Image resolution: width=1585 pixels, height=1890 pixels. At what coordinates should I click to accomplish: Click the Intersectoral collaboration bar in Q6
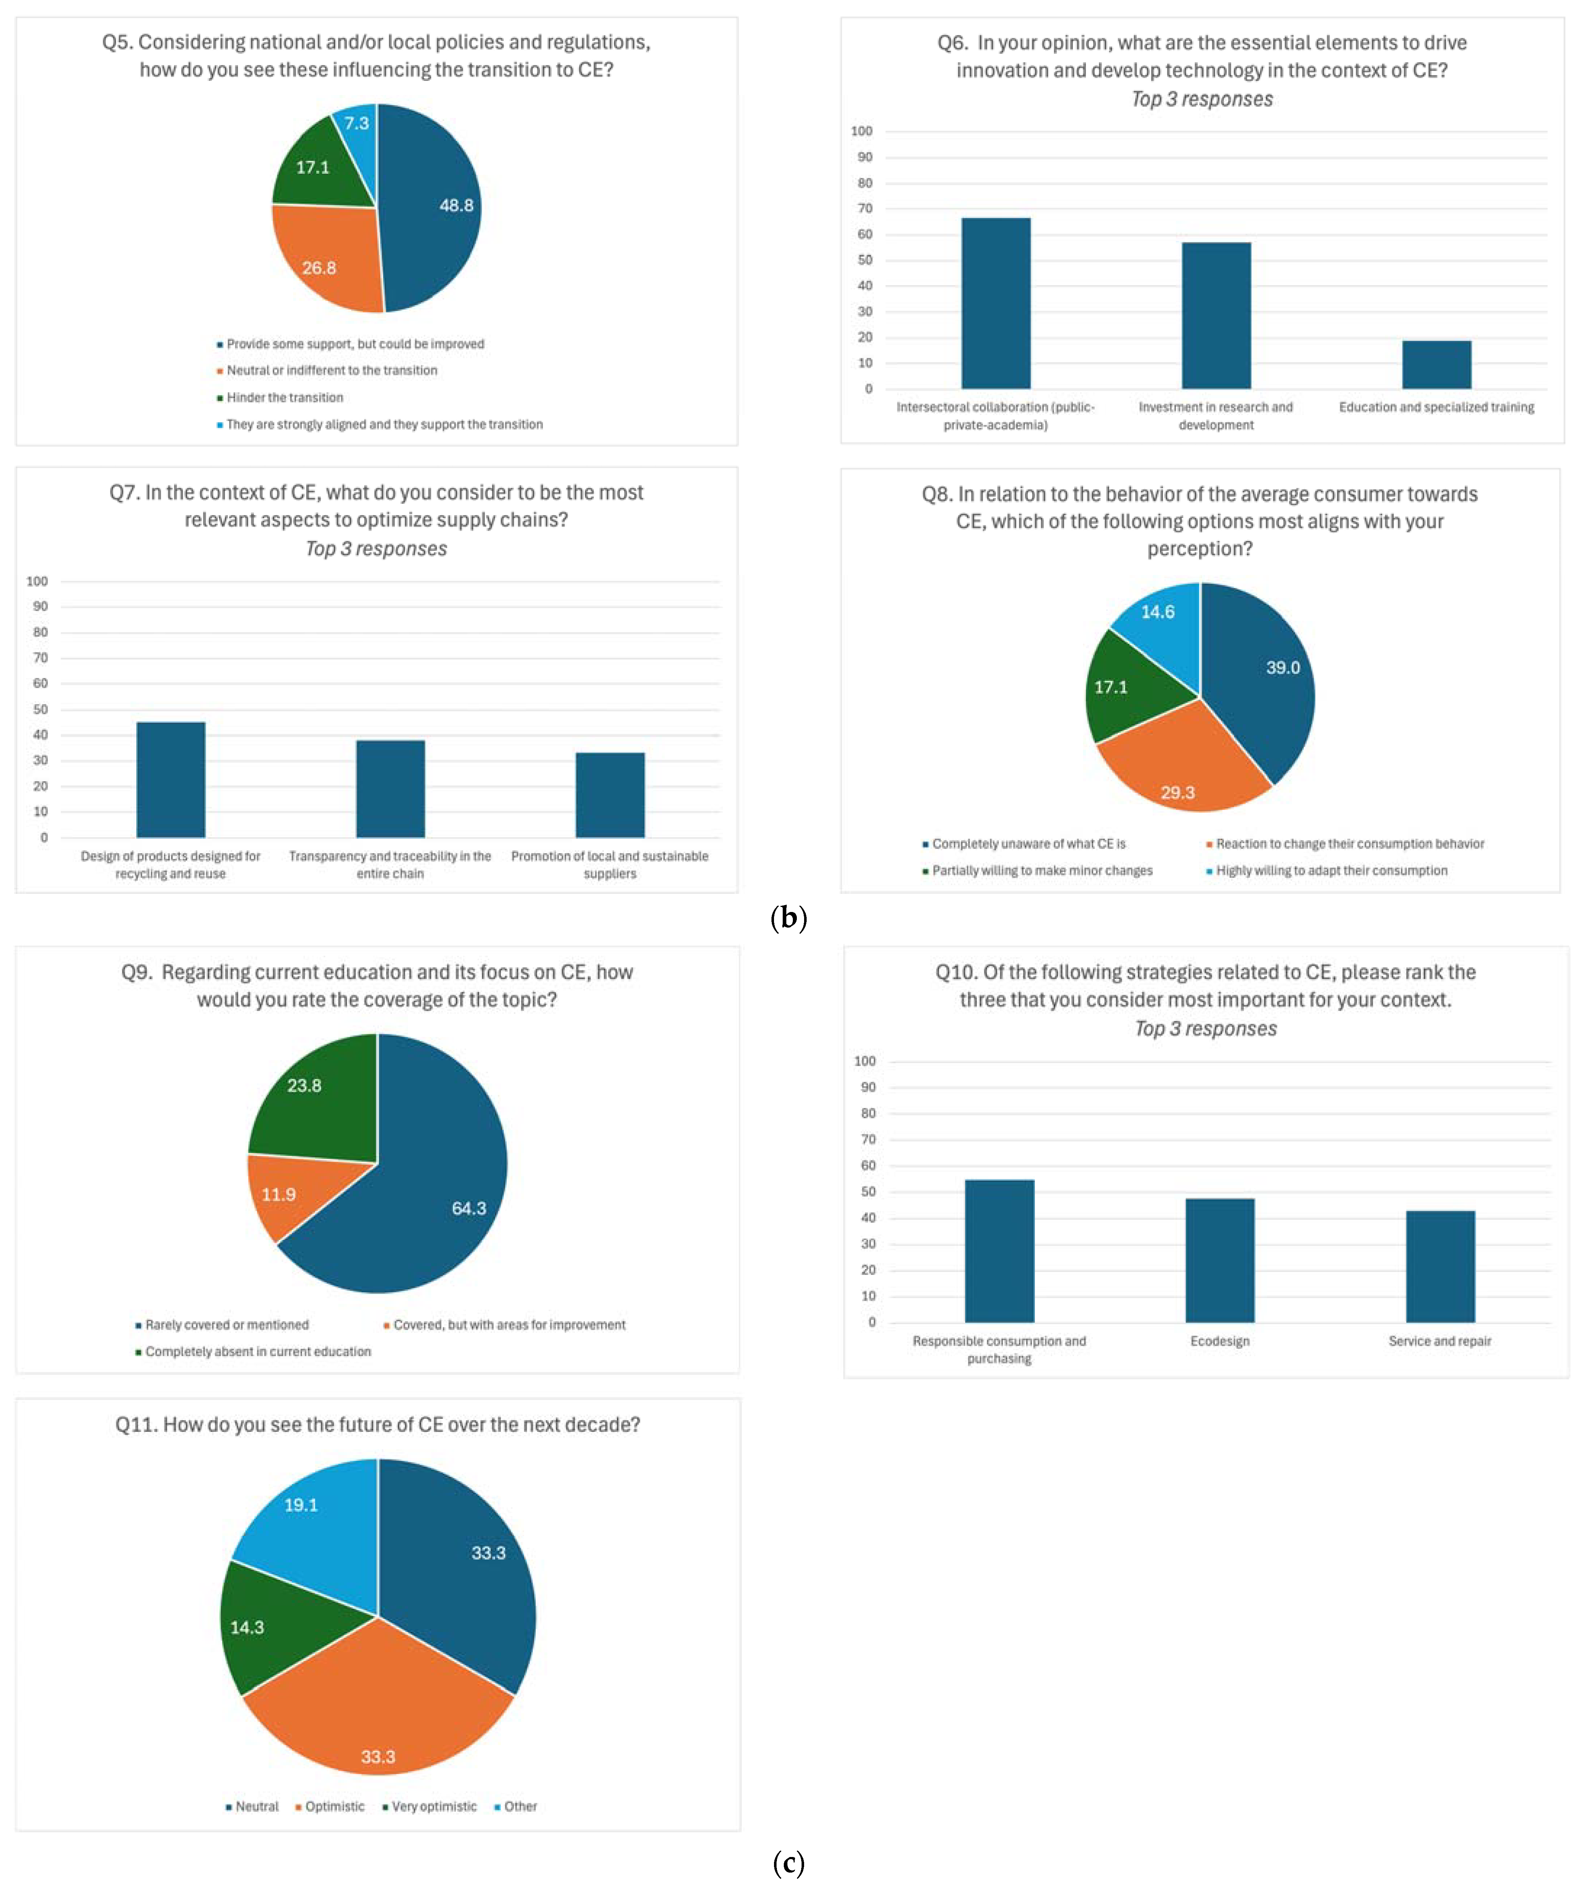click(996, 303)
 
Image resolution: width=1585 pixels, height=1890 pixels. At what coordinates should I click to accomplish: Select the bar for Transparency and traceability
click(390, 789)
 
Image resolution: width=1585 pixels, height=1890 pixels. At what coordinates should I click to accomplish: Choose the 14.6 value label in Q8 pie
click(1157, 612)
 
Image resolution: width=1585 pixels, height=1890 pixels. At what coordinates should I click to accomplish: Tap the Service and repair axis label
click(1439, 1341)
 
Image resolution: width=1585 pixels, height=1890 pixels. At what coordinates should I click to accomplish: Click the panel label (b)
click(789, 918)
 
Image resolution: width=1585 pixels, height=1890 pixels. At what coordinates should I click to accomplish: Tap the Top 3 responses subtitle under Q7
click(376, 549)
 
